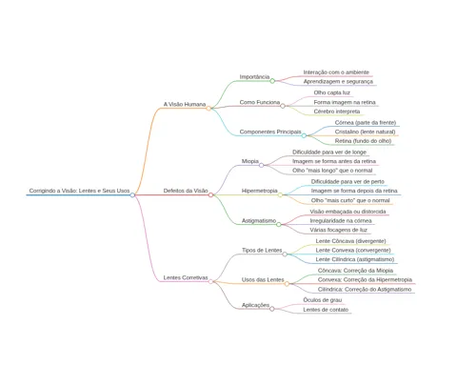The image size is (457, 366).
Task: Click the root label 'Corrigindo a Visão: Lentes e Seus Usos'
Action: pos(79,191)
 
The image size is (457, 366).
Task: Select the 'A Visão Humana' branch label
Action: pos(185,104)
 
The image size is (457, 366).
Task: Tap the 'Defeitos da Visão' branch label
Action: pos(186,191)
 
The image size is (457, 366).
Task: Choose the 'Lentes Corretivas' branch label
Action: pos(186,277)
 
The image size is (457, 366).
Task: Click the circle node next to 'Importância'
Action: pos(272,81)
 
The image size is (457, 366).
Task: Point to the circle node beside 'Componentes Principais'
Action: pos(304,135)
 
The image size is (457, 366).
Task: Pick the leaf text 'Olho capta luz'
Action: pos(332,92)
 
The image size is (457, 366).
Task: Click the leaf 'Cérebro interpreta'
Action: pos(337,112)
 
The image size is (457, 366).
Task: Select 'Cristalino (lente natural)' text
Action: pos(366,132)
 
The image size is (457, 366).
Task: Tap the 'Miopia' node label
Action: pos(250,161)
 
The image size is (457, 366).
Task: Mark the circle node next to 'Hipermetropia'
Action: pos(280,194)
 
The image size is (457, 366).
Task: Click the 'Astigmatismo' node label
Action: pos(259,221)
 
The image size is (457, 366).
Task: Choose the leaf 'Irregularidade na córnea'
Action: pos(341,221)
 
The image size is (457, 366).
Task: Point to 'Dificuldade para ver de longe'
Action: pos(329,152)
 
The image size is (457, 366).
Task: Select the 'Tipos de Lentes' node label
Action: pos(262,251)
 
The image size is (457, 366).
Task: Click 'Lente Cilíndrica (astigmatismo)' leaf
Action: pos(355,259)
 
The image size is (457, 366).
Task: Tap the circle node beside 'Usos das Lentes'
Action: pos(287,284)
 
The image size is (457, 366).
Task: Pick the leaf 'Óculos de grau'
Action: pos(323,300)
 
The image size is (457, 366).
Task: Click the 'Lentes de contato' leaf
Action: pos(326,310)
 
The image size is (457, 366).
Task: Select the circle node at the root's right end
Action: pos(132,194)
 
